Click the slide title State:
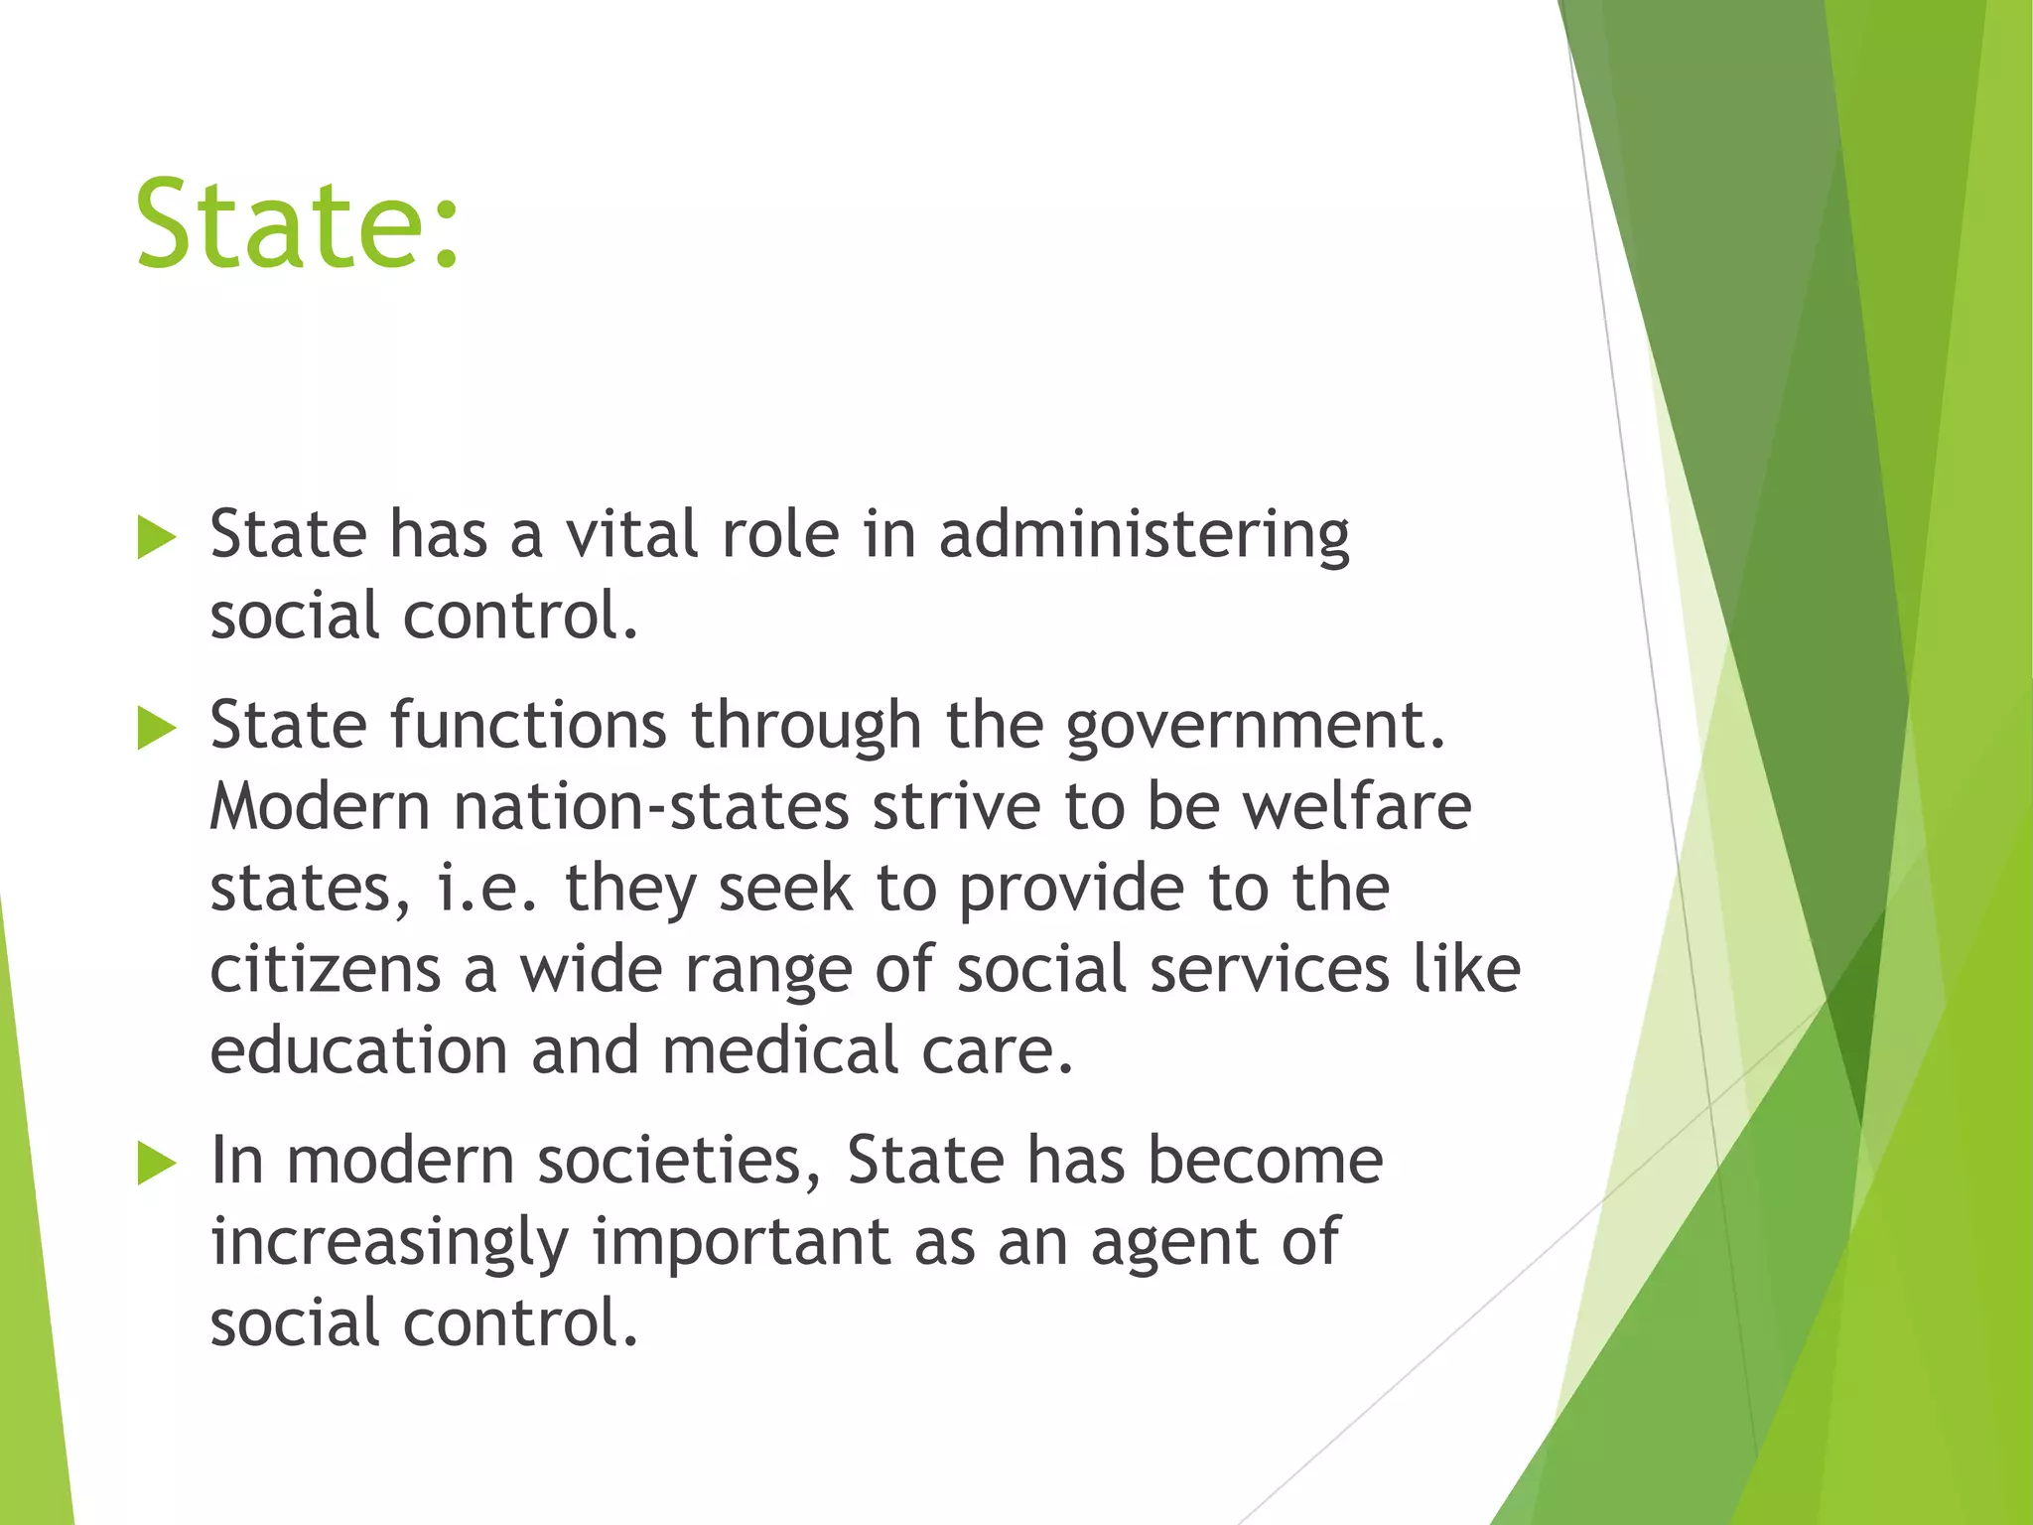[298, 224]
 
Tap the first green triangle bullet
[157, 538]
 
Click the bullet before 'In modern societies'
[157, 1163]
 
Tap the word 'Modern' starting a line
[320, 805]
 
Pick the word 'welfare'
[1357, 805]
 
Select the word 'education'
[358, 1050]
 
